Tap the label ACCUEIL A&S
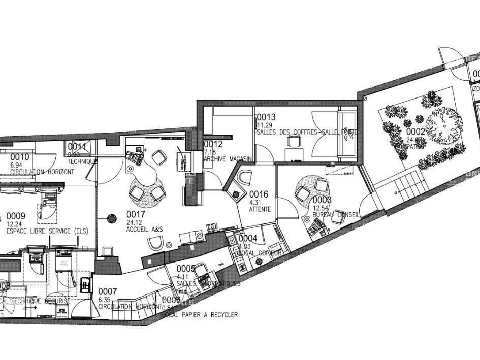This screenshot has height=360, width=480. click(144, 230)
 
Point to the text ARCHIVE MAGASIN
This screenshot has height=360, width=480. click(228, 159)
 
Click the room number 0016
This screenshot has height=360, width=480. click(259, 194)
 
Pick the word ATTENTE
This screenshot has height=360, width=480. click(260, 209)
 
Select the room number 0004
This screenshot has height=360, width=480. click(248, 238)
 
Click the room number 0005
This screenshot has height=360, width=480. click(186, 269)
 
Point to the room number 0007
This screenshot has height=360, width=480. click(108, 291)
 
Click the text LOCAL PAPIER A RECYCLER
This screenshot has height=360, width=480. click(200, 315)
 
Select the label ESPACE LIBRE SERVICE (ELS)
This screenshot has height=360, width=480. click(47, 231)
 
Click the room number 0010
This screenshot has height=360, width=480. click(20, 157)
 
